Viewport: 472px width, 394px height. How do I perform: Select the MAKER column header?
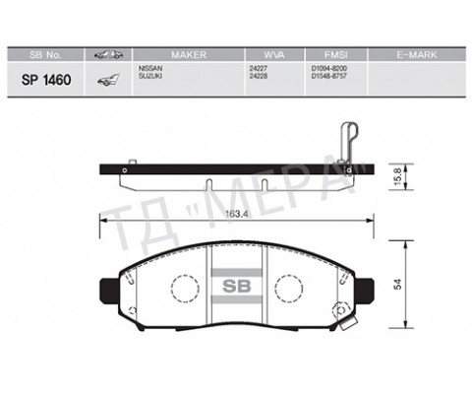point(187,54)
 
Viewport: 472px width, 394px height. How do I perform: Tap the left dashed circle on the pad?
point(184,290)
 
